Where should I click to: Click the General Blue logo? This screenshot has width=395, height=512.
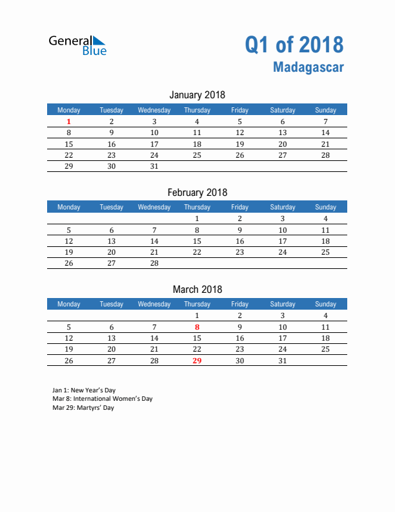[77, 45]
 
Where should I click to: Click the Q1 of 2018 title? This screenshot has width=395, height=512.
[294, 45]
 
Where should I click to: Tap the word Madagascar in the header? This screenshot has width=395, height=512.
[308, 67]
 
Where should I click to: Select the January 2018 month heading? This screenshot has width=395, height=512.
[197, 95]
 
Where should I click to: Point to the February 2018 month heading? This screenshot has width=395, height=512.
[197, 192]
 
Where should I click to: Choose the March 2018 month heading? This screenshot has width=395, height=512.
[197, 289]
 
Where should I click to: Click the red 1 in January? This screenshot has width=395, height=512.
[69, 122]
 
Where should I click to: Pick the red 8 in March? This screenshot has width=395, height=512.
[197, 327]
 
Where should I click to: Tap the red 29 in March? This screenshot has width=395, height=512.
[197, 361]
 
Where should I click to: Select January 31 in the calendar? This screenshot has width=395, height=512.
[154, 166]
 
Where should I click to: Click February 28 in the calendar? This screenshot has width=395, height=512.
[154, 263]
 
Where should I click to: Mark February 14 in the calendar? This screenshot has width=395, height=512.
[154, 241]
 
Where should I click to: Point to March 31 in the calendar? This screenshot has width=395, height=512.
[282, 361]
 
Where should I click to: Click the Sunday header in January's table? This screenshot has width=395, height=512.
[325, 110]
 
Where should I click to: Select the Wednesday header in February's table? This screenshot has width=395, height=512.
[154, 207]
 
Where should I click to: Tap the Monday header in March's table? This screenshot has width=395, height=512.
[69, 304]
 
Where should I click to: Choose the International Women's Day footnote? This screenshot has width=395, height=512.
[103, 399]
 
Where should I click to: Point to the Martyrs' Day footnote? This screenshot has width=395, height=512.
[83, 408]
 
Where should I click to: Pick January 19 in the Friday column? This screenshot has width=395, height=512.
[239, 144]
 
